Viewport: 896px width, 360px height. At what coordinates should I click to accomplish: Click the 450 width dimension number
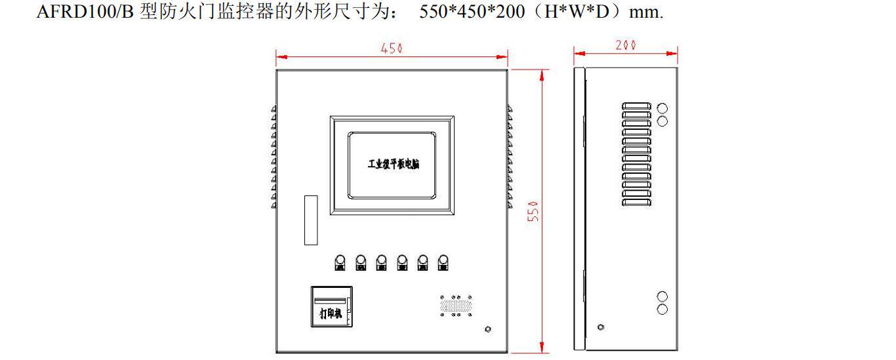click(x=392, y=49)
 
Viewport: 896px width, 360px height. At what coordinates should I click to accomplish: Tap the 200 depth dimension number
click(x=626, y=45)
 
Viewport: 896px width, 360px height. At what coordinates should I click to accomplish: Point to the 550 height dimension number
click(x=535, y=211)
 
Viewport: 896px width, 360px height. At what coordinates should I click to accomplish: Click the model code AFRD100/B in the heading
click(x=85, y=12)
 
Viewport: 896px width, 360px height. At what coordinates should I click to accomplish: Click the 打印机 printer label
click(x=331, y=313)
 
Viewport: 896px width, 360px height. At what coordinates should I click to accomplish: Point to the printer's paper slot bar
click(x=331, y=301)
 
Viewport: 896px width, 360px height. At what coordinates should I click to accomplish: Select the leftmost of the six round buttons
click(x=340, y=261)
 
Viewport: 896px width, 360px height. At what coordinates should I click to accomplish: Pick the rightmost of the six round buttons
click(x=443, y=261)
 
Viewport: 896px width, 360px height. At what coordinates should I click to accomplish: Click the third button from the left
click(x=382, y=261)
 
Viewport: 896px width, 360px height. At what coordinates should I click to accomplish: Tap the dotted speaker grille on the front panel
click(x=455, y=306)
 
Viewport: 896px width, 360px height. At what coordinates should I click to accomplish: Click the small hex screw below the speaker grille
click(x=487, y=329)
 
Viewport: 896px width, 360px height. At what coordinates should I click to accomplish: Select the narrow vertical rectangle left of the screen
click(x=311, y=220)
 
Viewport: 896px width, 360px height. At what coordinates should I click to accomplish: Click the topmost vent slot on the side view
click(x=636, y=106)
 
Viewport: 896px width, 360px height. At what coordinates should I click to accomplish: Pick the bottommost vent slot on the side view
click(x=636, y=203)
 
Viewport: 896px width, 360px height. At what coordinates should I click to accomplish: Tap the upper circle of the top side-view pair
click(x=662, y=108)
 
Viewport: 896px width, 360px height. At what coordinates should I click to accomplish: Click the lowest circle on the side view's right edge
click(x=662, y=309)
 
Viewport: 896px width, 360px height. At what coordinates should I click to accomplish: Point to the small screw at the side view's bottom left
click(x=601, y=327)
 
